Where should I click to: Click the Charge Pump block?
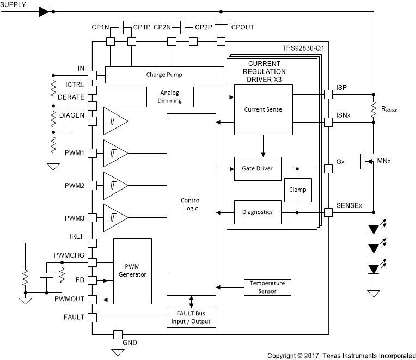[164, 74]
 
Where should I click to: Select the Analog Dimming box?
[171, 96]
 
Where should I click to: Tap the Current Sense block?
[263, 109]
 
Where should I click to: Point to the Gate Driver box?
[257, 169]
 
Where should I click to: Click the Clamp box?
[298, 190]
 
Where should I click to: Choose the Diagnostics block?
[257, 212]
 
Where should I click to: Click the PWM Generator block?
[133, 271]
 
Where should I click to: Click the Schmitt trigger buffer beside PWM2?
[115, 185]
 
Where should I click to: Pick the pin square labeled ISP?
[328, 94]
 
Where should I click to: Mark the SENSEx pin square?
[328, 212]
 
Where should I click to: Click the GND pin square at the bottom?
[116, 334]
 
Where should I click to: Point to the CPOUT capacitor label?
[242, 27]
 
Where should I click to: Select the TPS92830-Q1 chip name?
[303, 47]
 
